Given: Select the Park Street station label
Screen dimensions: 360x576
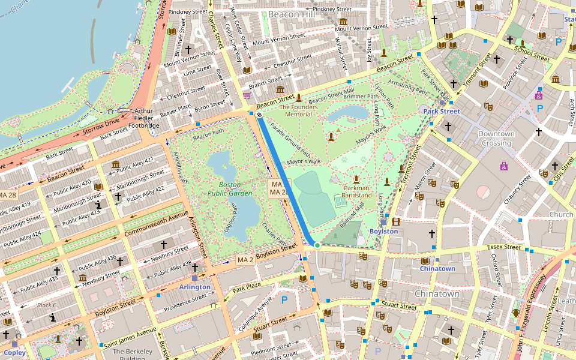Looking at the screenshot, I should coord(442,112).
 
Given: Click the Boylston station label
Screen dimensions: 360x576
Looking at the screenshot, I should coord(383,231).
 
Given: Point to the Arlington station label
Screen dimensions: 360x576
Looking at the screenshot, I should coord(195,287).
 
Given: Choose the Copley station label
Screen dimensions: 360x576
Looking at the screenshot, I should coord(14,353).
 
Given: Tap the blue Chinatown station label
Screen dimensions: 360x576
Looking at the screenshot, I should coord(437,268).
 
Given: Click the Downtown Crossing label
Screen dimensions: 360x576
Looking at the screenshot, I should coord(497,139).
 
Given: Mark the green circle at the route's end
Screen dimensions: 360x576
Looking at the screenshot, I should coord(317,245).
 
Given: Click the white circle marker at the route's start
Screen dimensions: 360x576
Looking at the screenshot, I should coord(259,114).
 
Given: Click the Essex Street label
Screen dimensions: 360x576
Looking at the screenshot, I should coord(503,247).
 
